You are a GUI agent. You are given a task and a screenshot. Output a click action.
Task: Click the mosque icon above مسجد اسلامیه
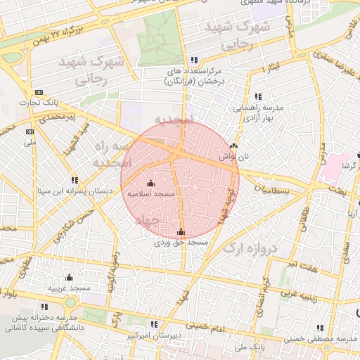tap(151, 184)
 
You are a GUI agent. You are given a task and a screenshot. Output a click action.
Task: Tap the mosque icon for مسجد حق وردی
tap(181, 231)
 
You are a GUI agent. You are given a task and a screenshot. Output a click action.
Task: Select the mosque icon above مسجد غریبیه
tap(69, 278)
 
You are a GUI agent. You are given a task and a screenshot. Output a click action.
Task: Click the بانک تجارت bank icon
tap(38, 92)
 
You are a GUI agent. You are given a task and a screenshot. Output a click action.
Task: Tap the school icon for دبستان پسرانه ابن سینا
tap(76, 180)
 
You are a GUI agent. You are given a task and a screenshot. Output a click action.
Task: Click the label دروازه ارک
tap(250, 247)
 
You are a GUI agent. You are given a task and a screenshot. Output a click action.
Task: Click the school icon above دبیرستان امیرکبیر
tap(154, 324)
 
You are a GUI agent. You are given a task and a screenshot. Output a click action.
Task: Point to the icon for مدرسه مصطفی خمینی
tap(321, 328)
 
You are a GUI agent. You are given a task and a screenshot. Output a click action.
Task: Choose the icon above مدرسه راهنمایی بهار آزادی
tap(258, 96)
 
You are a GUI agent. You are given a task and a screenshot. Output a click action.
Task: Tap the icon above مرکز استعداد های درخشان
tap(194, 60)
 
